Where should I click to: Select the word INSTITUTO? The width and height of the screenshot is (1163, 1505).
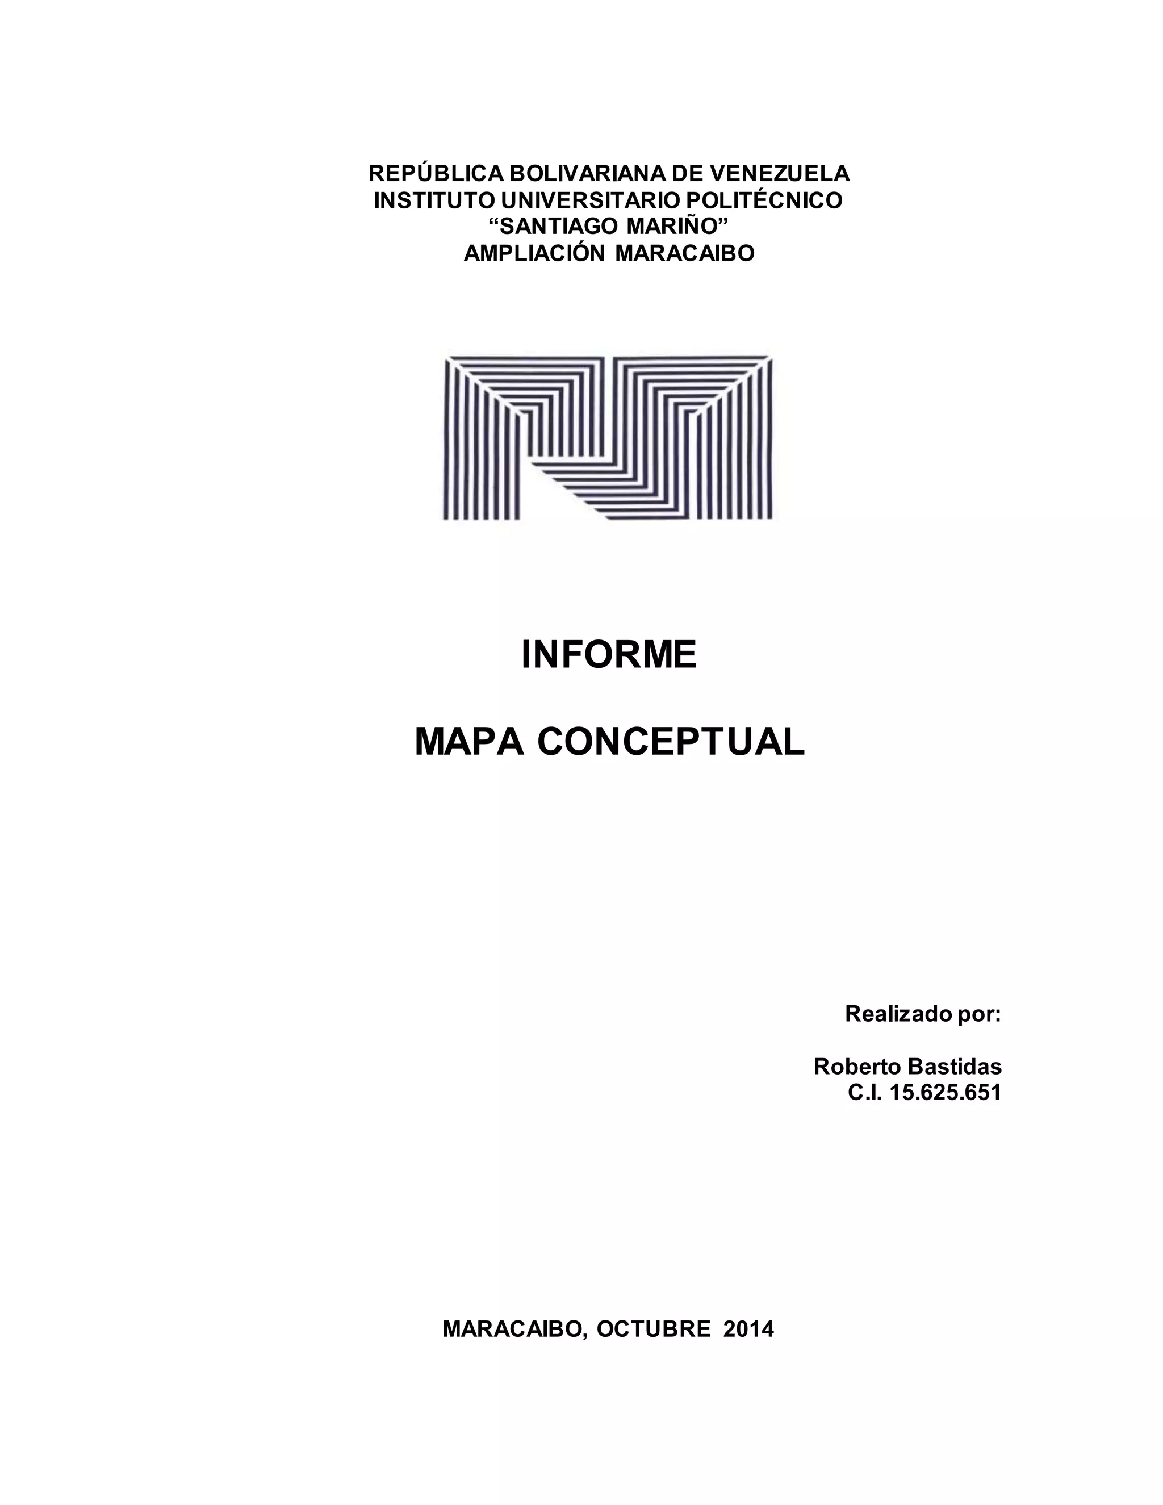433,200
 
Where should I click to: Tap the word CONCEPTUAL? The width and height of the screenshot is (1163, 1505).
671,742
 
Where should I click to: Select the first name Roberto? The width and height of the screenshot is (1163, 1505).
857,1067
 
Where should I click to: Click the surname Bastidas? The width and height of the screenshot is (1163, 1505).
955,1067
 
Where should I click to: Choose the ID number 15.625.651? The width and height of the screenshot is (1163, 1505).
946,1093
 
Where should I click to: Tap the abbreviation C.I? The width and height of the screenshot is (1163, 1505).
865,1093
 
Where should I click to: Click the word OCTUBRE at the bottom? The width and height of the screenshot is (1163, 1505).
653,1330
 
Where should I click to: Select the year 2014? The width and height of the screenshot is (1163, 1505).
749,1330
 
